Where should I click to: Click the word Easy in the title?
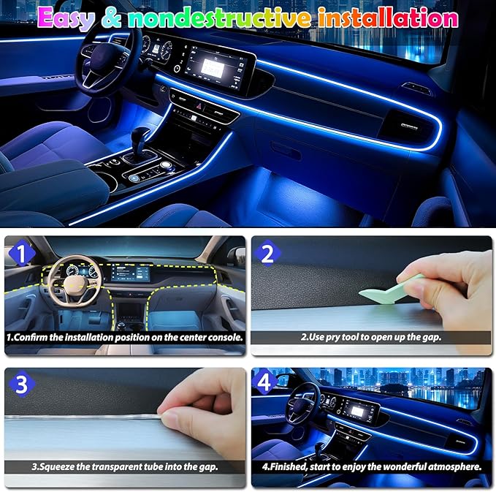[66, 18]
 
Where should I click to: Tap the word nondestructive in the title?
[220, 18]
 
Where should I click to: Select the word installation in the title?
[388, 18]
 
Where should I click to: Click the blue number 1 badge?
[21, 254]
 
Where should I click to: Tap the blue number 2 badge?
[267, 253]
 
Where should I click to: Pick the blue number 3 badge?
[21, 385]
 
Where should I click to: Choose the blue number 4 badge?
[264, 382]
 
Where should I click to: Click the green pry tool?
[390, 289]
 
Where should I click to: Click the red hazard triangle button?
[199, 106]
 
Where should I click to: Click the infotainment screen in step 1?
[130, 273]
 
